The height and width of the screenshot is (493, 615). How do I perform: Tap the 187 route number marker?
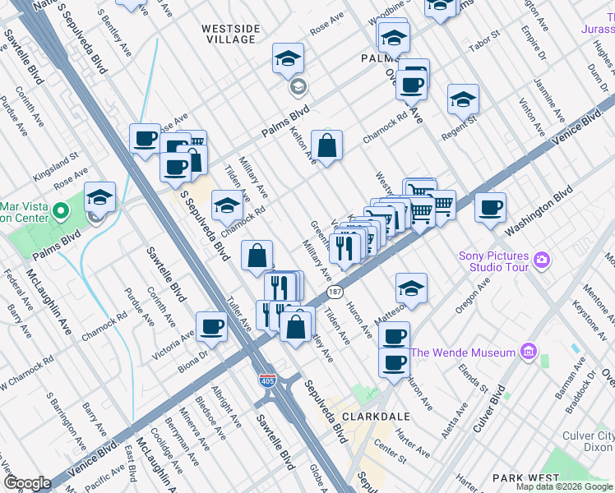coord(335,292)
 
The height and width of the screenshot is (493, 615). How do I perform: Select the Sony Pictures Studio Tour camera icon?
coord(541,260)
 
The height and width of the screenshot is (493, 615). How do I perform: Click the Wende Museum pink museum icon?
coord(527,353)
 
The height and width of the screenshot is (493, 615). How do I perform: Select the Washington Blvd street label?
coord(539,210)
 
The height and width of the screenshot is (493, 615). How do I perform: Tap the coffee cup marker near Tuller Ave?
coord(211,326)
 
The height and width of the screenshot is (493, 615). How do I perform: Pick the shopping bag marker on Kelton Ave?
coord(326,145)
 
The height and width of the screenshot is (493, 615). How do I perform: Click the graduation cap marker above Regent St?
coord(463,99)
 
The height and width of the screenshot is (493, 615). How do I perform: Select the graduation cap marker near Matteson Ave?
coord(410,288)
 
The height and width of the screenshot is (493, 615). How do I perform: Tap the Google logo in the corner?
coord(27,483)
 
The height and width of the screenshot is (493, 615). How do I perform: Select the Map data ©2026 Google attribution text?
coord(564,486)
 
